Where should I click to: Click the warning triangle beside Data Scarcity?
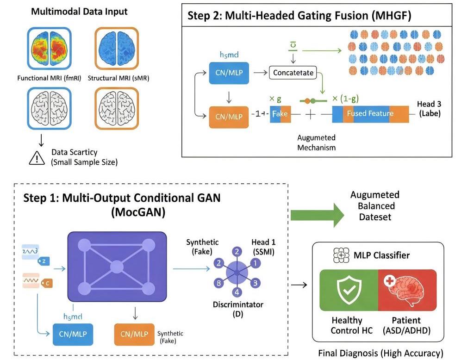(37, 158)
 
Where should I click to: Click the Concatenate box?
(293, 73)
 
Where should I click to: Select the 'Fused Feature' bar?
(370, 113)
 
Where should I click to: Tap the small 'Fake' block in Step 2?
(280, 114)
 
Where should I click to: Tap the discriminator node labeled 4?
(237, 292)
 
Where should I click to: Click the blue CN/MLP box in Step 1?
(72, 334)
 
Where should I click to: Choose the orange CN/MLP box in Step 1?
(135, 334)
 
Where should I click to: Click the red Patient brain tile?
(407, 290)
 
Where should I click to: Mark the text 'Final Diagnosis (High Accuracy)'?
(380, 353)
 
